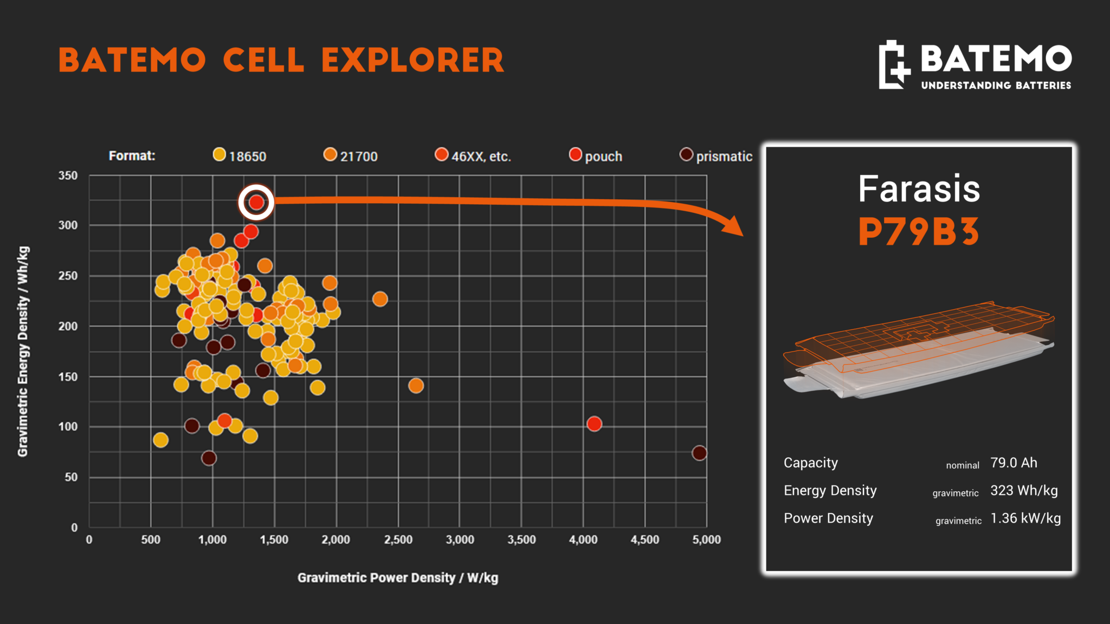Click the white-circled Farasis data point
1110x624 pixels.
pos(256,203)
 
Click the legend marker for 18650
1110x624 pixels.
pos(219,155)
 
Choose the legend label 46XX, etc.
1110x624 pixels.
pos(481,157)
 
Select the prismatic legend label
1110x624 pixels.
pos(724,157)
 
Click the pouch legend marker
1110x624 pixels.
pos(576,155)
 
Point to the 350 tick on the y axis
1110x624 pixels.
pos(68,175)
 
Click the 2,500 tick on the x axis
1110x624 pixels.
pos(398,539)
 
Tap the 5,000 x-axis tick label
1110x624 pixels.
pos(707,539)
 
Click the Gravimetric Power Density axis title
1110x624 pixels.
pos(398,578)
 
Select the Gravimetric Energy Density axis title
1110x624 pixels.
pos(23,352)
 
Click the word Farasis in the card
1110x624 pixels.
pos(919,188)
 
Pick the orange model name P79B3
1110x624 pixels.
pos(919,232)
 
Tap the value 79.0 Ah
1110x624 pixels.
pos(1014,463)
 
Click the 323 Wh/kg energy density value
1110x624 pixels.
pos(1024,491)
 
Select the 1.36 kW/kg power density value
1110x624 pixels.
pos(1025,518)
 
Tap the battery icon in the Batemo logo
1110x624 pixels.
pos(894,64)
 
